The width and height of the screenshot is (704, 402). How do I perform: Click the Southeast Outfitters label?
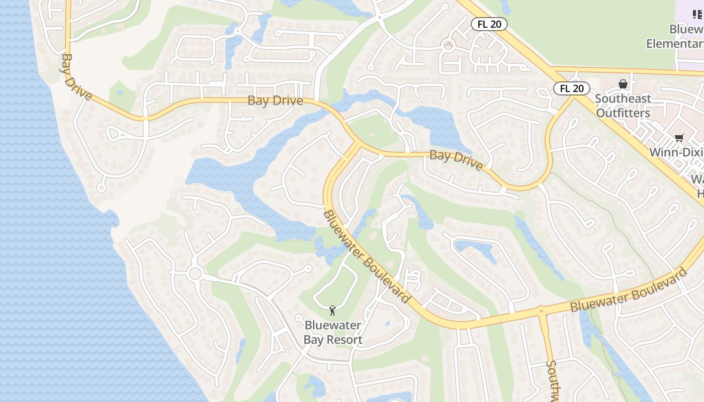tap(623, 106)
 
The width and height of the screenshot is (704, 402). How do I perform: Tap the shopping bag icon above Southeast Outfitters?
tap(623, 84)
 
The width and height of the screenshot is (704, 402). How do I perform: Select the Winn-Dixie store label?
tap(676, 152)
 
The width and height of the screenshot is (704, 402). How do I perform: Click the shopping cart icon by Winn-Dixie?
tap(679, 138)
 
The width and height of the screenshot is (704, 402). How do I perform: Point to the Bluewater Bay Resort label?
tap(333, 333)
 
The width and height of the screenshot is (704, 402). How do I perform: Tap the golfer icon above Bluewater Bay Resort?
tap(332, 311)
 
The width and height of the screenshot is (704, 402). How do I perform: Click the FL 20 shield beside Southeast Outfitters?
tap(572, 88)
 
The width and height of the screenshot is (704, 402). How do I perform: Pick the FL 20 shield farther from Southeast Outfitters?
tap(489, 24)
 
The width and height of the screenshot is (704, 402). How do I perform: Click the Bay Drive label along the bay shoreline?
tap(76, 77)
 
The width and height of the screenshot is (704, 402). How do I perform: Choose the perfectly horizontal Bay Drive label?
tap(276, 100)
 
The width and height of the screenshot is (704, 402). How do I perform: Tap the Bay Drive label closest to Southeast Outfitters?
tap(456, 159)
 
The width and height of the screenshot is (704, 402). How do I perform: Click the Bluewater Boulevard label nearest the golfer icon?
tap(367, 256)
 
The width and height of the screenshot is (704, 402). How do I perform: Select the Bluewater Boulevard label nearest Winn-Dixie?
tap(629, 291)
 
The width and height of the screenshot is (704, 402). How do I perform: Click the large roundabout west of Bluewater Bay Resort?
tap(195, 274)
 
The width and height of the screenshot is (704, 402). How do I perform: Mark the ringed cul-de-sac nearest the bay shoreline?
tap(102, 188)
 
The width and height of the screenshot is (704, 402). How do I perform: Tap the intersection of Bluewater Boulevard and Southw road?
tap(541, 311)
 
